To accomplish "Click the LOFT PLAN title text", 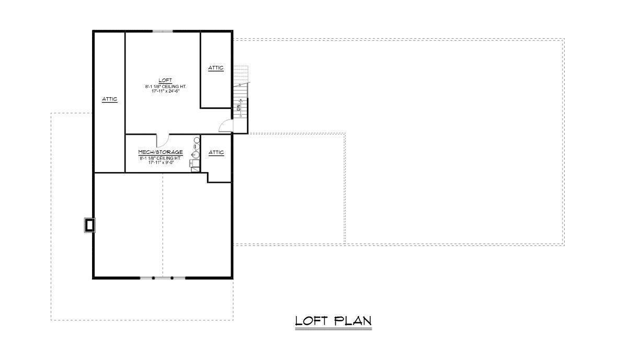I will [333, 320].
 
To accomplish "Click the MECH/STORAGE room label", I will [161, 152].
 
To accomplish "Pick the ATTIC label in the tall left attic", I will [109, 99].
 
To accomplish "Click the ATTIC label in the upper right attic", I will [216, 67].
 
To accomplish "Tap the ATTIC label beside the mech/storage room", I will [216, 152].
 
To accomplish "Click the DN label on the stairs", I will [238, 107].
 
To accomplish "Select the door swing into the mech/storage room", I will [162, 140].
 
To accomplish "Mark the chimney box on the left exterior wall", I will [89, 225].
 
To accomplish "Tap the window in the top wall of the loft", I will [163, 31].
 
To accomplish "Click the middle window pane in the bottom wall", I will [163, 278].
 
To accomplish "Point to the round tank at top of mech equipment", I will [197, 140].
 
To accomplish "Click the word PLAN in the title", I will [352, 320].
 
